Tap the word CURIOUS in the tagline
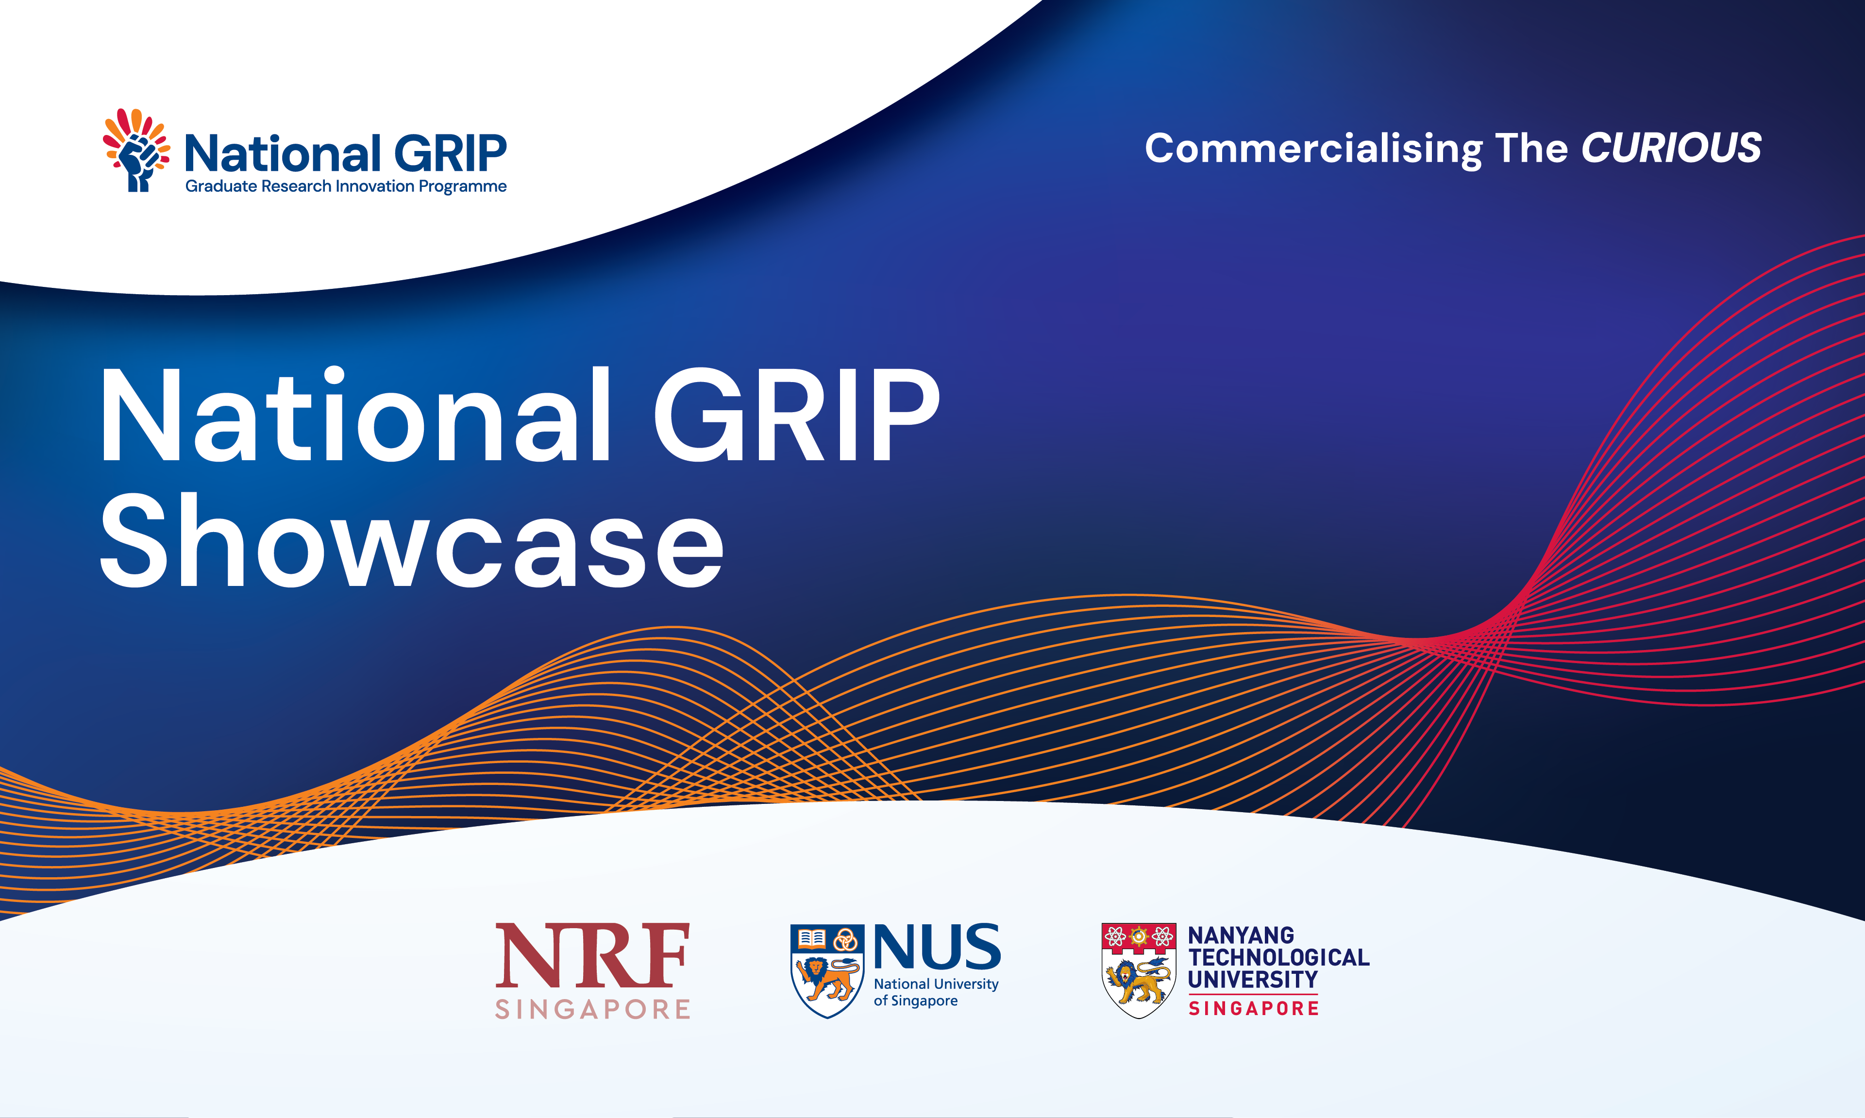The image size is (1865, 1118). point(1671,148)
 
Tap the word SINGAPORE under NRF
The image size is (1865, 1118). point(592,1009)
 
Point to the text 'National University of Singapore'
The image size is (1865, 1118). point(936,992)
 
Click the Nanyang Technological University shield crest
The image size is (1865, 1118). point(1139,971)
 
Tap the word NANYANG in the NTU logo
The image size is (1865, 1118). point(1241,935)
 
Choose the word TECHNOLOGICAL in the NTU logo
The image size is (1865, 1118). point(1279,957)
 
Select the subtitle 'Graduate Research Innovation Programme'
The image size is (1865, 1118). point(346,186)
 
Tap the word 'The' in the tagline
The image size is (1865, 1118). point(1531,148)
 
